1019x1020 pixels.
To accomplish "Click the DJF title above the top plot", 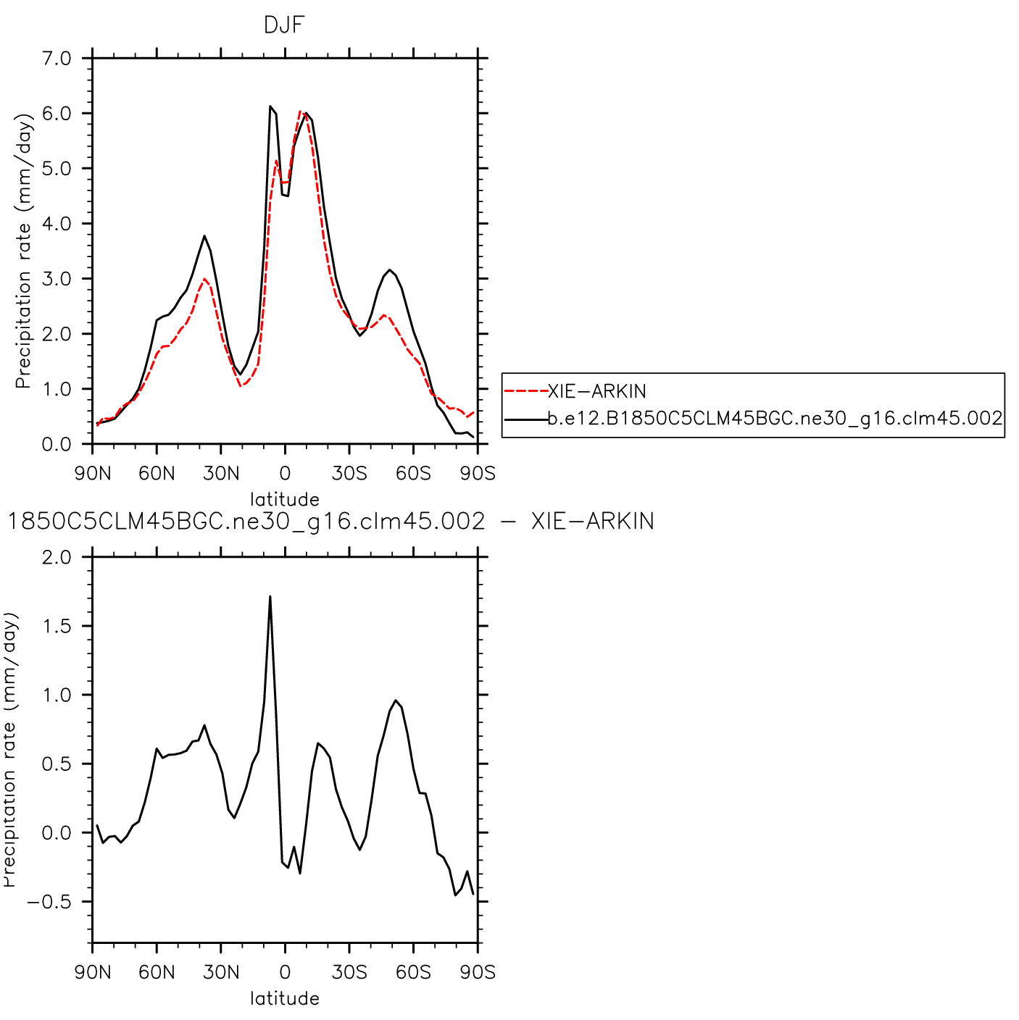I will [284, 26].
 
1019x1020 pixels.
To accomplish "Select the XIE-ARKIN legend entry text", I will [596, 392].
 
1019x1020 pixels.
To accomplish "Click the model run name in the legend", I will [775, 418].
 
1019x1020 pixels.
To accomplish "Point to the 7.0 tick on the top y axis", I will [56, 59].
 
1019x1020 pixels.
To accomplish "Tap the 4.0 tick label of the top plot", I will [56, 224].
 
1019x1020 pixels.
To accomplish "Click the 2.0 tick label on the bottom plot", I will [56, 557].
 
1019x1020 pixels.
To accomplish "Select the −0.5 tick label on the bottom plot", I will [49, 902].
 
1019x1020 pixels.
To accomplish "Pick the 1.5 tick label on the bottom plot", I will [56, 626].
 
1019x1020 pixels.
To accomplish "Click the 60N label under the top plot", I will [157, 474].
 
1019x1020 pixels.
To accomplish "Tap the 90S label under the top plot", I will [478, 474].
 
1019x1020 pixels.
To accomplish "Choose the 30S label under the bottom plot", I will [349, 972].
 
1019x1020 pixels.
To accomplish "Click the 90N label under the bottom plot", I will [93, 972].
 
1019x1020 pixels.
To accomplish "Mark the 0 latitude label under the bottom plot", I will [285, 972].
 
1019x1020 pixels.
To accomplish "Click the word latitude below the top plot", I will [285, 499].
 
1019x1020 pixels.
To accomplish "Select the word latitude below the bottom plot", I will [285, 998].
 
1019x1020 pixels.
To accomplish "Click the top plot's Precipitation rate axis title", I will [23, 251].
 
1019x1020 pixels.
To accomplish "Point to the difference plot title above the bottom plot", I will [330, 522].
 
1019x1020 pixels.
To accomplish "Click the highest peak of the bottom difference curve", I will [270, 597].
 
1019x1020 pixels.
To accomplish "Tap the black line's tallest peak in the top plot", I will [270, 106].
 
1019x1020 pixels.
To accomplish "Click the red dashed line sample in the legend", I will [525, 391].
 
